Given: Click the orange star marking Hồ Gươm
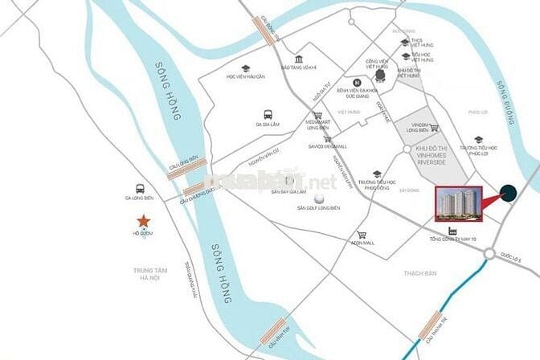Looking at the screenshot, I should [142, 220].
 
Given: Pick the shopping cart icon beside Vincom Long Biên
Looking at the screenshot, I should [434, 127].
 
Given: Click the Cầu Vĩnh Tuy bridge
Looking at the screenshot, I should [273, 328].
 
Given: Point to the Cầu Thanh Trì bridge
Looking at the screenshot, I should [426, 321].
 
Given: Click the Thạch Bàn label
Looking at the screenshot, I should [420, 274].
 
